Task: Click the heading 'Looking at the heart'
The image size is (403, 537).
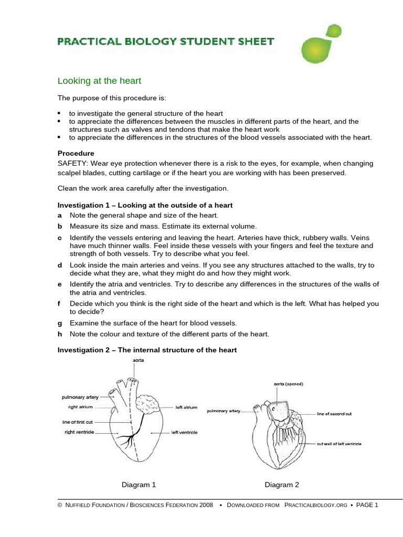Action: [x=99, y=81]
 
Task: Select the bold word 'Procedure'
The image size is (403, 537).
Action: [x=76, y=153]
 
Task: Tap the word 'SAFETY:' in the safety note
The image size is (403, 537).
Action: [x=71, y=164]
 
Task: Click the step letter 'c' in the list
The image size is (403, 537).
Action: [x=59, y=238]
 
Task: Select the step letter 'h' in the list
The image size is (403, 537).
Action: [x=59, y=334]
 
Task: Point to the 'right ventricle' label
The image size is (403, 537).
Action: [x=79, y=432]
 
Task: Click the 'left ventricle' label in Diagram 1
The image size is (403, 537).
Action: [x=184, y=433]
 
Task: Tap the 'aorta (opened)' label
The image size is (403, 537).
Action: [x=288, y=384]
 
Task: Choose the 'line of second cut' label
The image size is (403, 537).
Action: [x=334, y=414]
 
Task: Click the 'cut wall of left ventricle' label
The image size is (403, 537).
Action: [x=338, y=444]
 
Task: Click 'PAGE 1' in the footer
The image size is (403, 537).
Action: [x=367, y=505]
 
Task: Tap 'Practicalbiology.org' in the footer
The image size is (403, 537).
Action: [x=315, y=505]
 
